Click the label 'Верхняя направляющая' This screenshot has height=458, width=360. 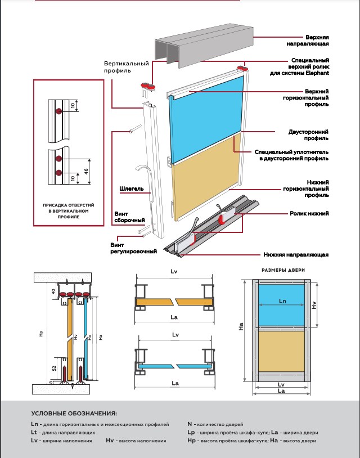(308, 41)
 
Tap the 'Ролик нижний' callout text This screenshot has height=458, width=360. (309, 213)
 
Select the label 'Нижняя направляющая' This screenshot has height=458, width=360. (296, 255)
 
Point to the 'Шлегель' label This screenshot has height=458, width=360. (132, 188)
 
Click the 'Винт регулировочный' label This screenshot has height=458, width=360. (133, 248)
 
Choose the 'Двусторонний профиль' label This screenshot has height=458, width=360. (308, 135)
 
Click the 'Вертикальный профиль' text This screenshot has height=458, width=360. (127, 67)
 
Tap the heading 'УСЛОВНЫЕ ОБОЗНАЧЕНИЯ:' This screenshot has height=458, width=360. (74, 414)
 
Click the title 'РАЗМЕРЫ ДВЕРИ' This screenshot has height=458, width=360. (283, 270)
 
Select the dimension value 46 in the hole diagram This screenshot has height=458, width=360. (86, 172)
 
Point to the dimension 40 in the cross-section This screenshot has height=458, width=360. (53, 291)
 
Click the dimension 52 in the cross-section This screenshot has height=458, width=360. (54, 369)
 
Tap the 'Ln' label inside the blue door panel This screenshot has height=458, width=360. (282, 301)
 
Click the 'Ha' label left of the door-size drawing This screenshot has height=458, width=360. (241, 326)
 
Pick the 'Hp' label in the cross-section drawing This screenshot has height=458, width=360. (41, 334)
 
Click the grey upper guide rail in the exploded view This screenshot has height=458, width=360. (204, 45)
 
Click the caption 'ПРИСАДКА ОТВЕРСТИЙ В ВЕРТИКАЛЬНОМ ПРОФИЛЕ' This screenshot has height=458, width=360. (69, 211)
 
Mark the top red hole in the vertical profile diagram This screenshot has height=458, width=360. (59, 111)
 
